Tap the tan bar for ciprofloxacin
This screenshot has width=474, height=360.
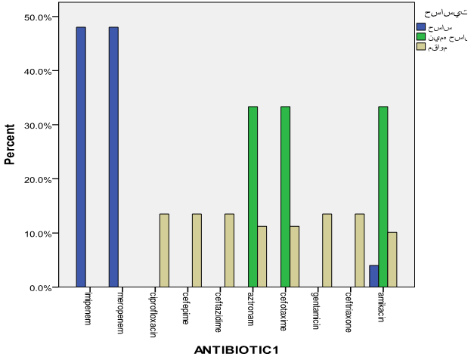coord(164,250)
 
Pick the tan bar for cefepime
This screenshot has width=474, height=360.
coord(197,250)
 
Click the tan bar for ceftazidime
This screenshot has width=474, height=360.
coord(229,250)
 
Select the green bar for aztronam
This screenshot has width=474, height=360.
coord(252,197)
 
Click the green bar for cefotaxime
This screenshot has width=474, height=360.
coord(285,197)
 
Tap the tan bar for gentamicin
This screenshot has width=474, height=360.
coord(327,250)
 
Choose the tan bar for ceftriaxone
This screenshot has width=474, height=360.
coord(360,250)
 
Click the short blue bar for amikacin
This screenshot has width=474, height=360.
coord(373,276)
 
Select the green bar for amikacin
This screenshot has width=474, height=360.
coord(383,197)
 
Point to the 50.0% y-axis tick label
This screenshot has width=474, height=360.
coord(37,17)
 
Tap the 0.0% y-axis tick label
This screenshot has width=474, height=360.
coord(40,288)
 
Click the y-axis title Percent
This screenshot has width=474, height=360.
coord(11,144)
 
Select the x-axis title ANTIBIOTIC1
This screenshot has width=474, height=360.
coord(237,349)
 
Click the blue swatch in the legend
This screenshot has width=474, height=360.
coord(421,26)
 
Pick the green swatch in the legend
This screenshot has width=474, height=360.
coord(421,36)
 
